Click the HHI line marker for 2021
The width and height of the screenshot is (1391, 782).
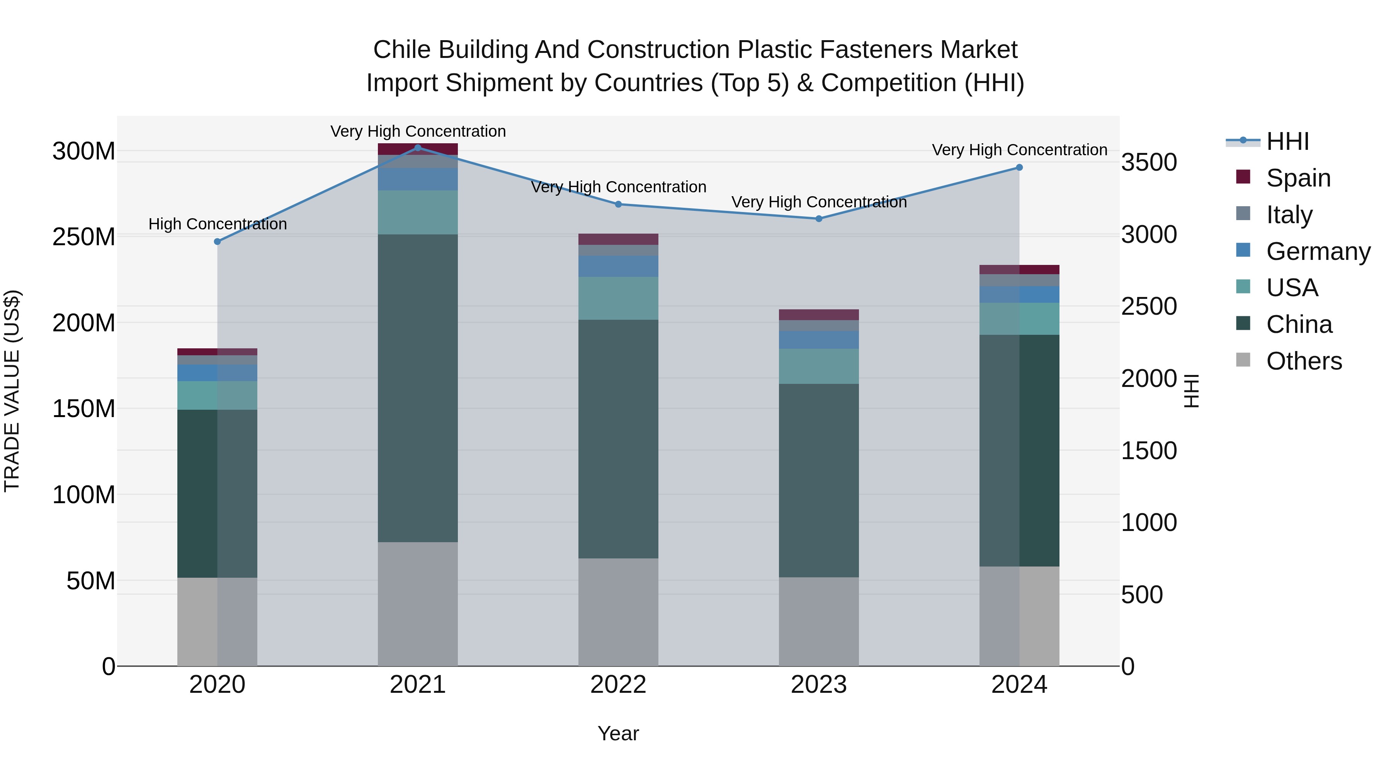(417, 148)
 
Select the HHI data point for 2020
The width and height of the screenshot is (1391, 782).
(218, 242)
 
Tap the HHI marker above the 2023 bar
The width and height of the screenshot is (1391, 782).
(819, 219)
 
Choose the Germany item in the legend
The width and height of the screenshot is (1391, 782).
(1318, 251)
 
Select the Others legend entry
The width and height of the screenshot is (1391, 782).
(1304, 361)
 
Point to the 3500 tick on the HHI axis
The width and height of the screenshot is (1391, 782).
(1149, 163)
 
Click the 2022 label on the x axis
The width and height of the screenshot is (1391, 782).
(618, 685)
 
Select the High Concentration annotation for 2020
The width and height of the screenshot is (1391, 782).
(218, 224)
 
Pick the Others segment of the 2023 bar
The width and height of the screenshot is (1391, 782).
(819, 621)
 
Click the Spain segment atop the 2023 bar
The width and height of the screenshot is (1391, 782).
(819, 315)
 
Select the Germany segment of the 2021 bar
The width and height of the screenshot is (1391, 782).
(417, 179)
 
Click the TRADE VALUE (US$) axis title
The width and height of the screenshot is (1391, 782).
(12, 391)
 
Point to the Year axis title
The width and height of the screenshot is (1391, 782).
(618, 733)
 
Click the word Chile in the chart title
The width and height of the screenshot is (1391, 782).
(402, 50)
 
